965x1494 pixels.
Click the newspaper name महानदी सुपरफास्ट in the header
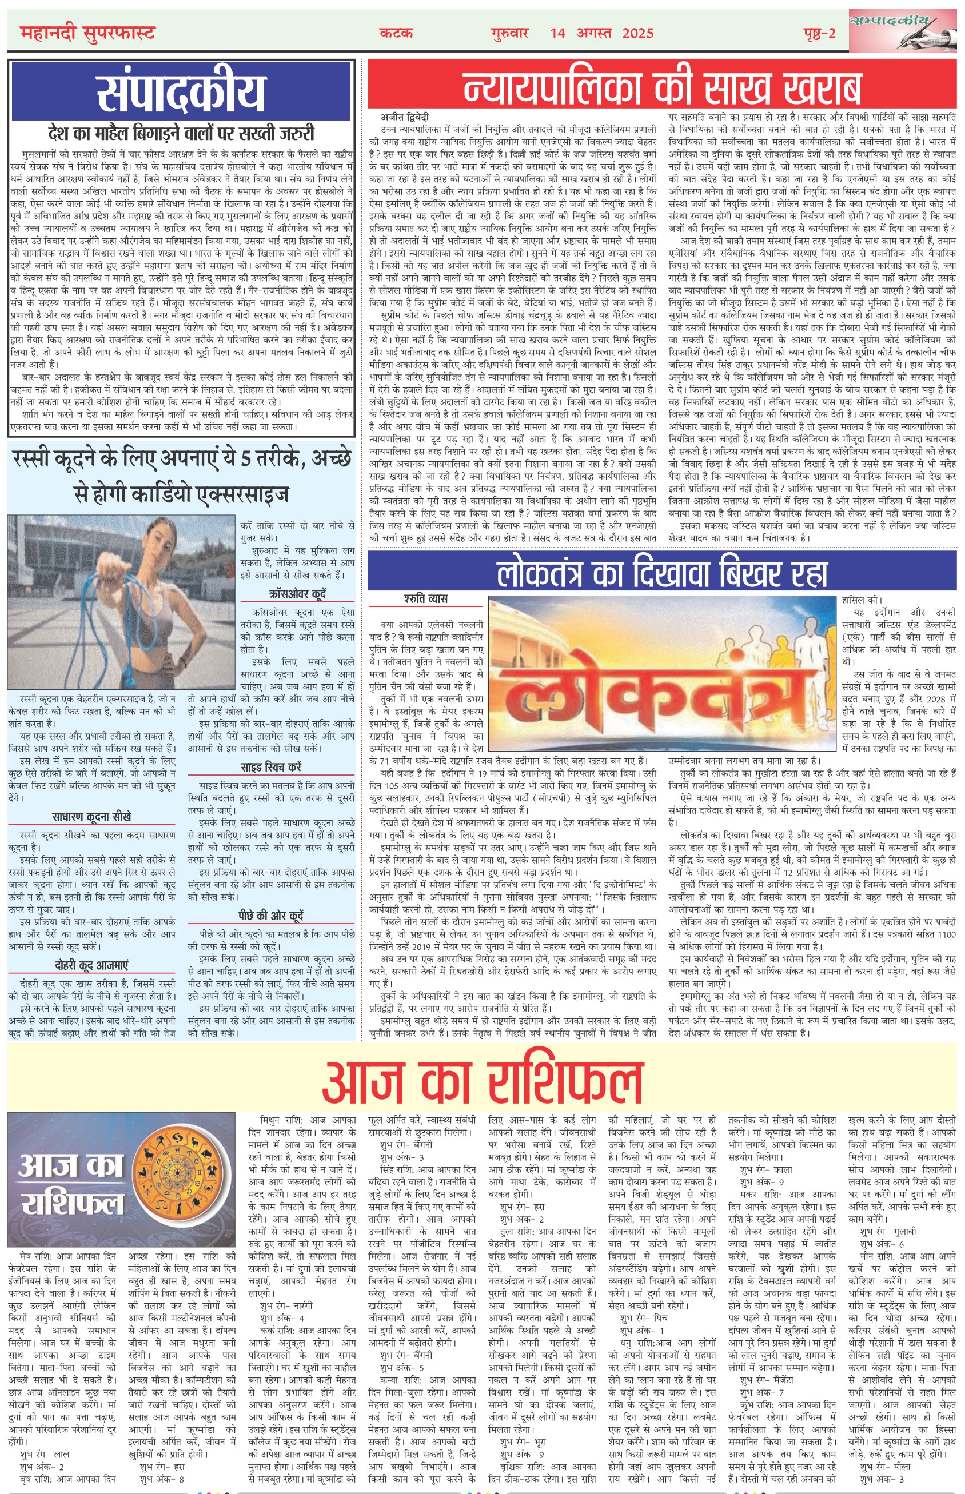pyautogui.click(x=87, y=33)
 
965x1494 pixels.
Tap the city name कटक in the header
pyautogui.click(x=396, y=33)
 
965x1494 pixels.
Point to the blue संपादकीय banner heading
pyautogui.click(x=181, y=91)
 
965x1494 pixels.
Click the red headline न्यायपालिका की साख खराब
pyautogui.click(x=661, y=87)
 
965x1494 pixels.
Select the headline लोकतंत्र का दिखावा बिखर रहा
pyautogui.click(x=661, y=572)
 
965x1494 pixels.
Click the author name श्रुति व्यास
pyautogui.click(x=425, y=599)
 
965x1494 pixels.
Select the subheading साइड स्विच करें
pyautogui.click(x=271, y=767)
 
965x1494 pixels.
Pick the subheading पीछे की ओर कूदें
pyautogui.click(x=271, y=915)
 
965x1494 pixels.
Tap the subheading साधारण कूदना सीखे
pyautogui.click(x=91, y=817)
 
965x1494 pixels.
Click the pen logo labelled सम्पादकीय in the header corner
pyautogui.click(x=902, y=30)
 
